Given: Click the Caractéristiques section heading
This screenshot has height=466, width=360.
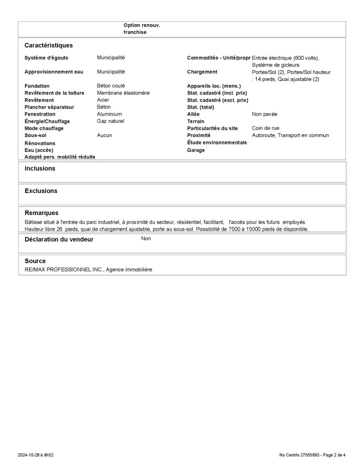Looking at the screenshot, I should (x=49, y=45).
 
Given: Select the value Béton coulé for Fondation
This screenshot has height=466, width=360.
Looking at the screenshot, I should (x=111, y=86).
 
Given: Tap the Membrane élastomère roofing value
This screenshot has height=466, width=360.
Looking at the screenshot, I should (x=123, y=93).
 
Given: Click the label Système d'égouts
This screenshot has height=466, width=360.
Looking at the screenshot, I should (x=46, y=58).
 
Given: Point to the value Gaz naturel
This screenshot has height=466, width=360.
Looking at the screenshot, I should (x=110, y=121).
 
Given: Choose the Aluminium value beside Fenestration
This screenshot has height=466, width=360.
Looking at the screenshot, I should (x=109, y=114).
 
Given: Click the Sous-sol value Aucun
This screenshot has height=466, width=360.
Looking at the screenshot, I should (x=104, y=135).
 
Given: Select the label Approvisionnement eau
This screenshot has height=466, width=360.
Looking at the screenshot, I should (x=54, y=72).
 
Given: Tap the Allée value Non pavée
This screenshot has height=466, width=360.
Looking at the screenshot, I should (x=264, y=114).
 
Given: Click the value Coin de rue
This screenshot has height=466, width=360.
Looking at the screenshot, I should (x=265, y=128).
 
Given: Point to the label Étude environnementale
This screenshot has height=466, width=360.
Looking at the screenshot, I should (x=217, y=142).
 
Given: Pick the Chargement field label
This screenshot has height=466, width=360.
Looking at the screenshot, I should (x=202, y=72).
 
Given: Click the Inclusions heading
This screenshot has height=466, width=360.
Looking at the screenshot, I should (x=40, y=168).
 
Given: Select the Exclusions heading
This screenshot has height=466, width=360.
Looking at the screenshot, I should (x=41, y=191).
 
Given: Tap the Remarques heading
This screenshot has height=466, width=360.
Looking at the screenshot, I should (x=42, y=213).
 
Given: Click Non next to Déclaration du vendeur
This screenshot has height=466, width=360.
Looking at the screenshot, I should (x=146, y=239).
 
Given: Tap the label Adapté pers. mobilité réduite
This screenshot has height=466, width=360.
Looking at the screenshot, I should (x=60, y=157).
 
